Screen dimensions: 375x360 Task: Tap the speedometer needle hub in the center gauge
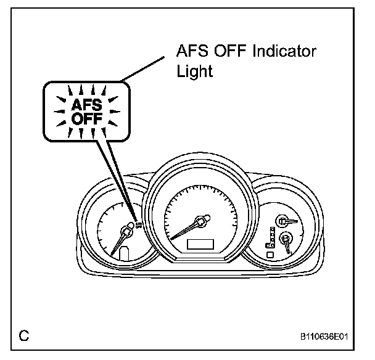(x=200, y=219)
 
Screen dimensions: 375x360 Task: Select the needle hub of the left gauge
(x=128, y=232)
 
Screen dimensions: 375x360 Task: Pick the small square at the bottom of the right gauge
(x=270, y=253)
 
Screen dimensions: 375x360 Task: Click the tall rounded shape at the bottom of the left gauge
(x=125, y=254)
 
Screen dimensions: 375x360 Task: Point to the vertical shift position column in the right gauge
(x=271, y=237)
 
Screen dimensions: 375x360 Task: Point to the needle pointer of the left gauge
(x=119, y=244)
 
